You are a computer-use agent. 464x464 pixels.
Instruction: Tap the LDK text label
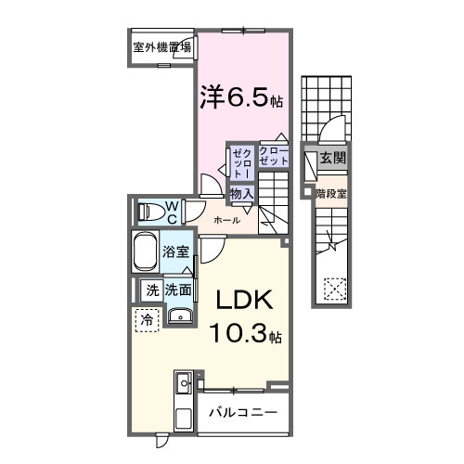click(244, 302)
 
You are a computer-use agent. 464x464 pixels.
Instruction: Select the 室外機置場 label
click(161, 48)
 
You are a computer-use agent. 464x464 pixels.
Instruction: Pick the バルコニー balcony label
click(242, 411)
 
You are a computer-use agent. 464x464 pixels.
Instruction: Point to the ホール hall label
click(227, 220)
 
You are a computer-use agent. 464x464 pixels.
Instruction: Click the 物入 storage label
click(241, 193)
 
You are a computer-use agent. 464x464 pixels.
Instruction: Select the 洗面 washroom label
click(178, 290)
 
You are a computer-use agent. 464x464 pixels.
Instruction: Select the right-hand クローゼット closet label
click(273, 155)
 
